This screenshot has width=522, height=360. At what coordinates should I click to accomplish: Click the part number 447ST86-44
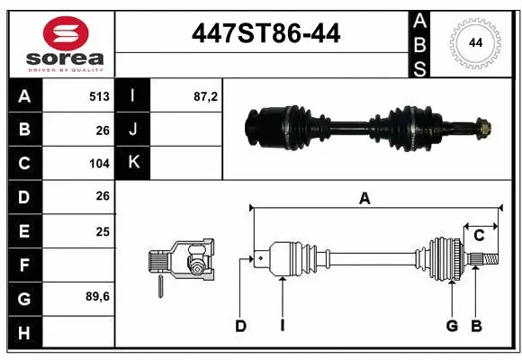click(x=266, y=33)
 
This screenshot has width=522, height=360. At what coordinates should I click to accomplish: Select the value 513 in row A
click(x=99, y=96)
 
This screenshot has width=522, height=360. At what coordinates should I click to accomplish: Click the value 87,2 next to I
click(x=206, y=96)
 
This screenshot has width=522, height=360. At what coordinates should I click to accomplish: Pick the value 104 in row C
click(x=99, y=164)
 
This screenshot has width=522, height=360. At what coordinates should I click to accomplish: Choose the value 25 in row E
click(x=103, y=231)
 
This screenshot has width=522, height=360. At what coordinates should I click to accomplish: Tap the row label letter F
click(x=23, y=265)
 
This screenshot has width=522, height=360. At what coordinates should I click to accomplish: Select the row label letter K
click(x=133, y=163)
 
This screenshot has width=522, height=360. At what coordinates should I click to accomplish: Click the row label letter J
click(x=133, y=130)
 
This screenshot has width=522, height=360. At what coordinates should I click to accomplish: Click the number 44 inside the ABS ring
click(x=474, y=42)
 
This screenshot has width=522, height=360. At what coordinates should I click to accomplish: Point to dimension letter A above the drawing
click(x=364, y=199)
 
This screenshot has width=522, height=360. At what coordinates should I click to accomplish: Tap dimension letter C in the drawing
click(x=479, y=236)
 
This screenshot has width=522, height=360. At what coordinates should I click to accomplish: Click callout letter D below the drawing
click(x=240, y=326)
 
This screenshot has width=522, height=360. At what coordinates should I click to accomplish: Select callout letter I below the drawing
click(x=282, y=326)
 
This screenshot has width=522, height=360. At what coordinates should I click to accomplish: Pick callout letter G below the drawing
click(x=452, y=326)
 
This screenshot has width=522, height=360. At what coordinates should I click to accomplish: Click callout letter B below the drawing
click(x=476, y=326)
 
